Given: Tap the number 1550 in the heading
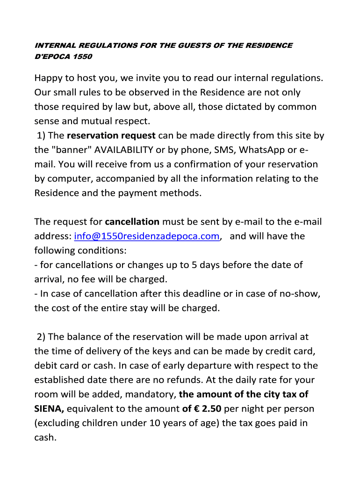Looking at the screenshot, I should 82,57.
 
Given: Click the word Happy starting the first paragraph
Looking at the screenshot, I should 49,78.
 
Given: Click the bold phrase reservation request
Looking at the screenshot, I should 111,136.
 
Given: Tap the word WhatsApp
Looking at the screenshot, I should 262,150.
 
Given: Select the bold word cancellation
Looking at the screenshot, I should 132,222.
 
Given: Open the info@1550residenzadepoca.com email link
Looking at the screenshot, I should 147,236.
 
